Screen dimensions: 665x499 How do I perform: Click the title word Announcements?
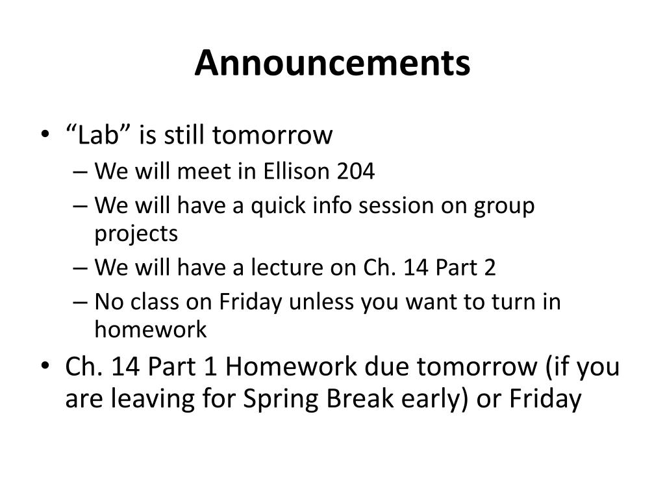(332, 63)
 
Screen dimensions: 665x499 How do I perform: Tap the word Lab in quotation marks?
(97, 135)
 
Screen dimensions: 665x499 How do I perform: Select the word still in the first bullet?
(184, 135)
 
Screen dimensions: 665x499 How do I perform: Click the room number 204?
(356, 172)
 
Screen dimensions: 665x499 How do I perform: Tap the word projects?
(136, 234)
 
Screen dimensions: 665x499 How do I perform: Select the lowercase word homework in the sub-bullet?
(151, 329)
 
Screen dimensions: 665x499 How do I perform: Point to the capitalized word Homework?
(292, 366)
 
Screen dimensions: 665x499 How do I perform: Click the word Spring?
(281, 399)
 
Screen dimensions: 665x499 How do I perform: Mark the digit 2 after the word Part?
(490, 268)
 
